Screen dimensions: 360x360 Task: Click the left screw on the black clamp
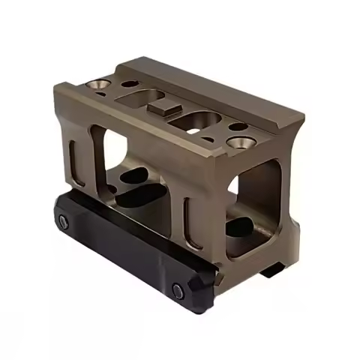(63, 221)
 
